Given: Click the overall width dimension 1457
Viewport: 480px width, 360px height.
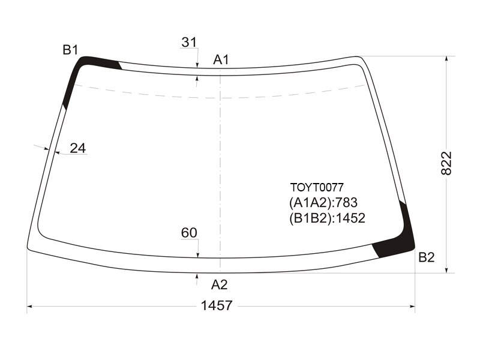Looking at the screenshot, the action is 217,305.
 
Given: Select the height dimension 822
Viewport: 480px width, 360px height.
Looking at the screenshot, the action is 446,163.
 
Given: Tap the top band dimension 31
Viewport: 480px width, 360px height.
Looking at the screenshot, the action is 189,42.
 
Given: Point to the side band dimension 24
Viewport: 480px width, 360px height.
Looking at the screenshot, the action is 78,148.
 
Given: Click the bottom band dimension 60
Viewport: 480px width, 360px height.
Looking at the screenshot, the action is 189,233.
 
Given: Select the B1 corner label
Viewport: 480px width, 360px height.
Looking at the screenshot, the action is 70,50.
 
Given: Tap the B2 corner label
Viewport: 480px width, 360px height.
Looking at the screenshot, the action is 427,257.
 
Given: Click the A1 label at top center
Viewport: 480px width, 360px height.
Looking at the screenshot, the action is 221,59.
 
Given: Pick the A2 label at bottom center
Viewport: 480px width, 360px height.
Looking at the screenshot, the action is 219,284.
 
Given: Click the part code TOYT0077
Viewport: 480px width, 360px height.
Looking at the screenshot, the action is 317,187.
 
